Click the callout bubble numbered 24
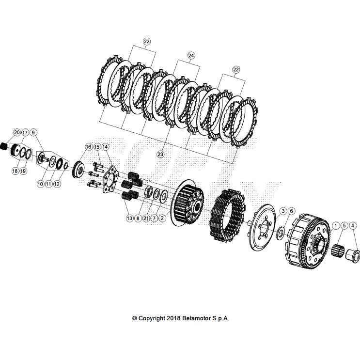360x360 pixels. pyautogui.click(x=191, y=56)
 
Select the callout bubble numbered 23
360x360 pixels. pyautogui.click(x=160, y=154)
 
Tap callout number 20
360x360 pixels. pyautogui.click(x=16, y=132)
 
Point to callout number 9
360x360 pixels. pyautogui.click(x=33, y=132)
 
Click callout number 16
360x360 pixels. pyautogui.click(x=89, y=146)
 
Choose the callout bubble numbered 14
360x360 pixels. pyautogui.click(x=105, y=146)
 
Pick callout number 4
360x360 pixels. pyautogui.click(x=353, y=225)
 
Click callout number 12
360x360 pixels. pyautogui.click(x=57, y=184)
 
